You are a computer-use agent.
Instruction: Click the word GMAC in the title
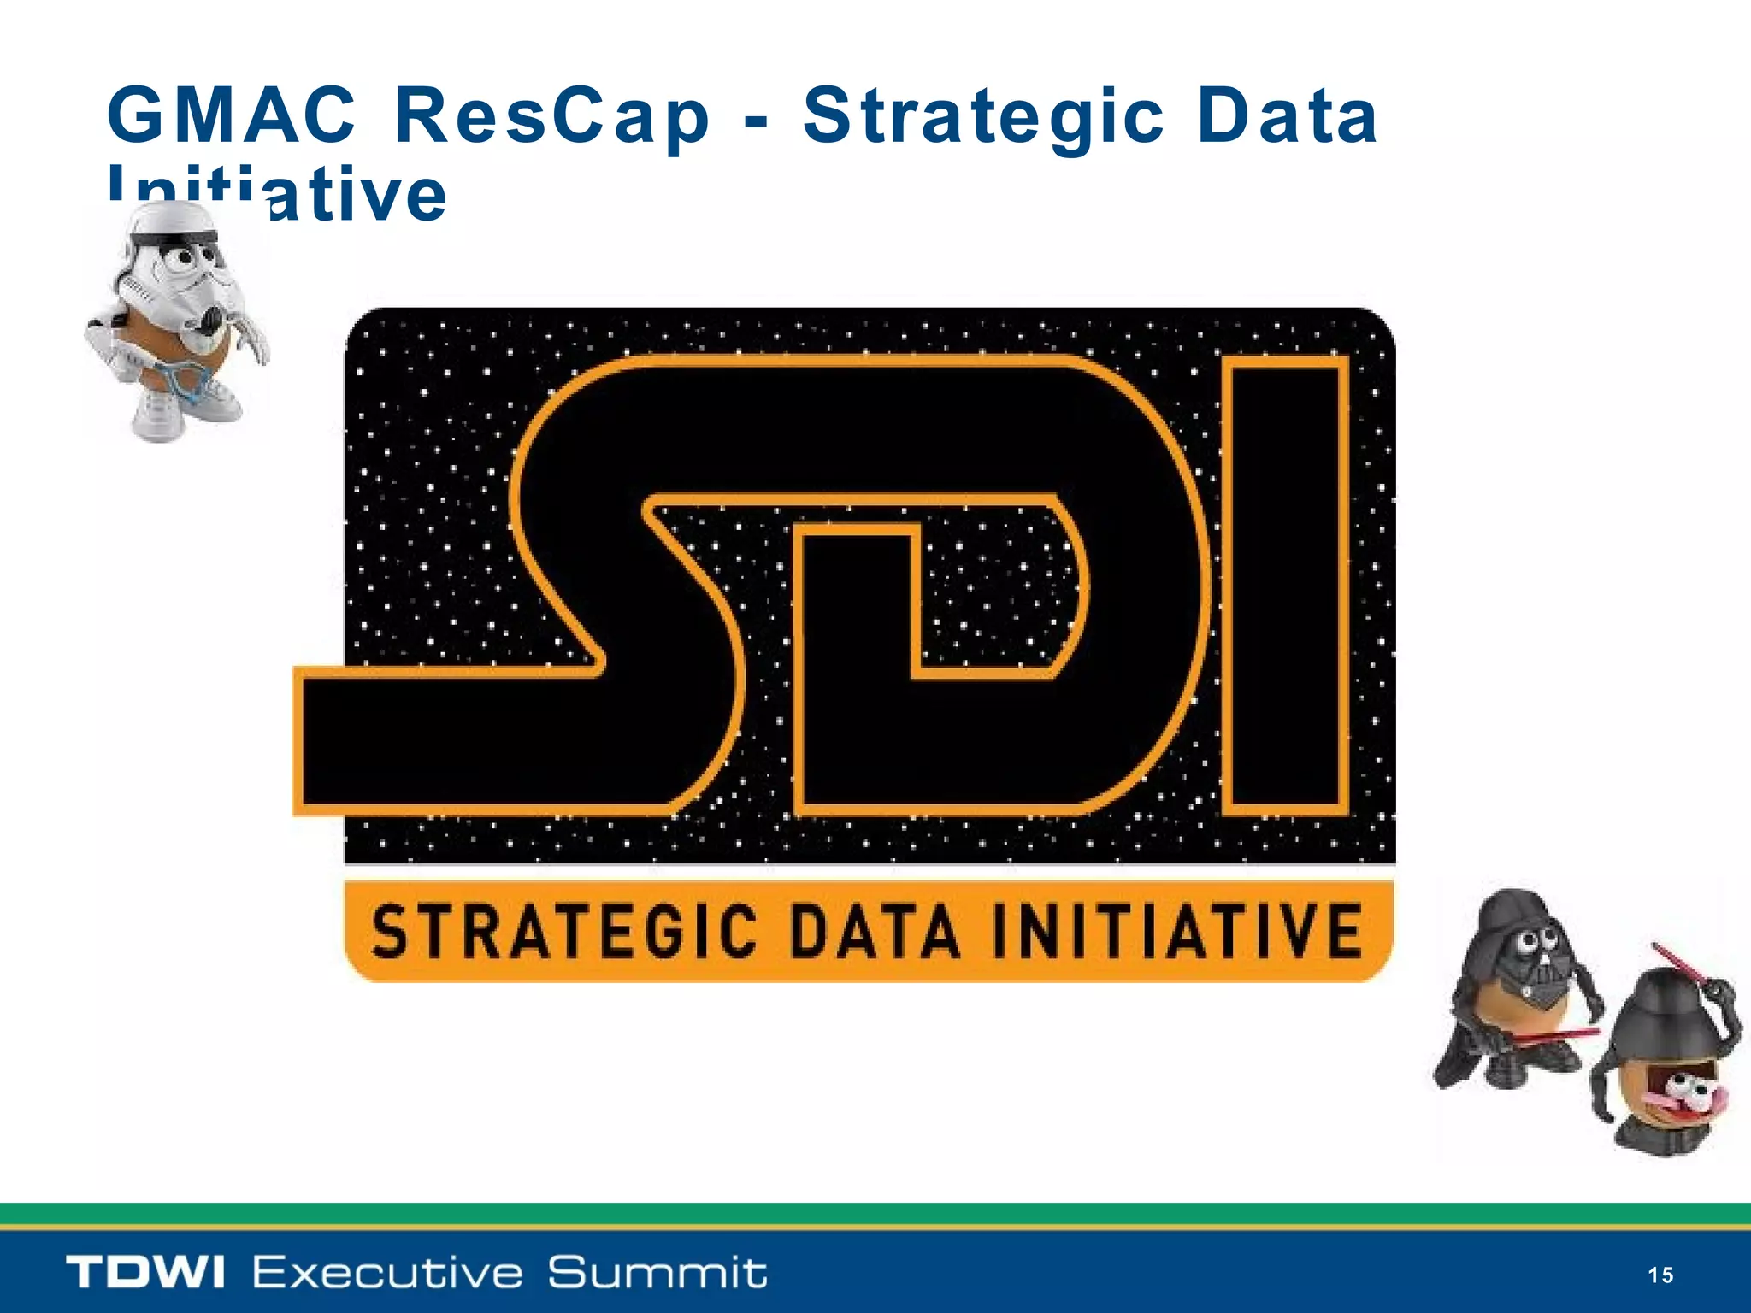[231, 115]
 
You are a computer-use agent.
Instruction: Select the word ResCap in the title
[551, 117]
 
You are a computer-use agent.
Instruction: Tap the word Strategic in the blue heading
[983, 117]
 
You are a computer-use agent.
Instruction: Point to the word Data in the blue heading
[1287, 117]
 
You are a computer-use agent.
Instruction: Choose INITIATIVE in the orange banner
[1176, 932]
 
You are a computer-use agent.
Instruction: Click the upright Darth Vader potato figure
[1518, 992]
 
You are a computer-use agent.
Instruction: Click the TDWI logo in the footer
[145, 1273]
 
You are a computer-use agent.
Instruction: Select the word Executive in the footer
[387, 1273]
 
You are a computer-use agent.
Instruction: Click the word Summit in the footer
[657, 1273]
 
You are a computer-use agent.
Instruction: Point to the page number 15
[1660, 1275]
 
